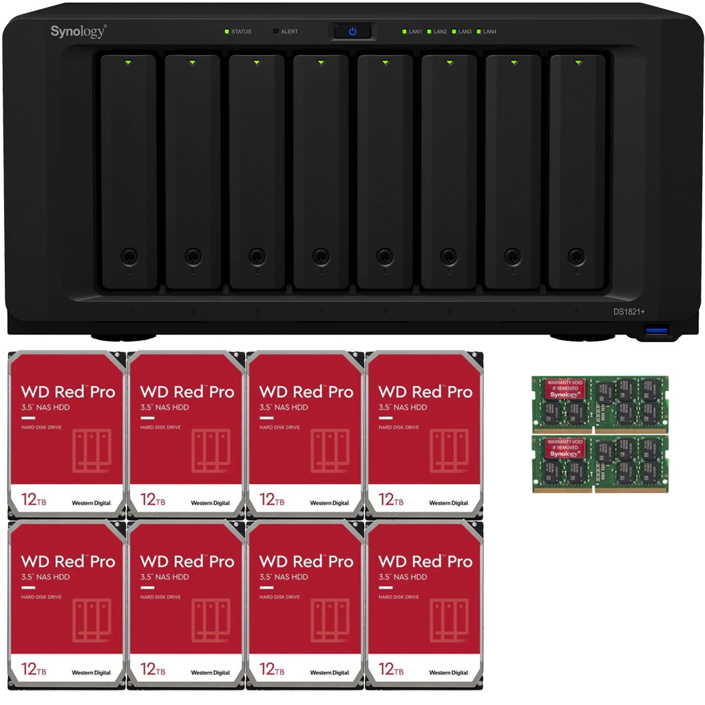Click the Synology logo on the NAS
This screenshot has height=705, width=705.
point(78,31)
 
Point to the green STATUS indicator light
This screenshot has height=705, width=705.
point(226,32)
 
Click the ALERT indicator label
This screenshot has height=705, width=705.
point(289,32)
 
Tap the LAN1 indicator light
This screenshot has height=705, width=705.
point(404,32)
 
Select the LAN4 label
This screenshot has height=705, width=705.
point(490,32)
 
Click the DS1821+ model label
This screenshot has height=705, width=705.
point(629,312)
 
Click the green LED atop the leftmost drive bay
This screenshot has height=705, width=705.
point(128,63)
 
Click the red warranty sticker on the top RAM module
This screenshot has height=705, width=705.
point(565,388)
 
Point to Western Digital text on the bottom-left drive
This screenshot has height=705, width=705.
point(92,673)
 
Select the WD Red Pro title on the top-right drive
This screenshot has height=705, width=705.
point(425,392)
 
